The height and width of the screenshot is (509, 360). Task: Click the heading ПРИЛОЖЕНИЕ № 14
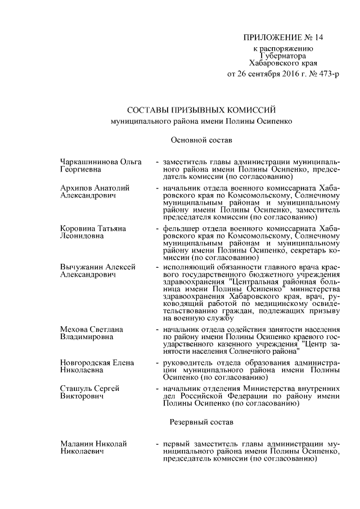[283, 38]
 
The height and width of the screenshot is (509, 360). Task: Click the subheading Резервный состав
[201, 421]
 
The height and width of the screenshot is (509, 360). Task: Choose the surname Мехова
[74, 328]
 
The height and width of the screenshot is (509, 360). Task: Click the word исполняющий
[188, 267]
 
